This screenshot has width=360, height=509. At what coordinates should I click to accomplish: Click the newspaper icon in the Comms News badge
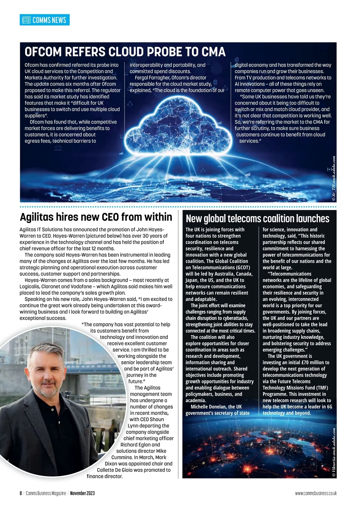coord(27,20)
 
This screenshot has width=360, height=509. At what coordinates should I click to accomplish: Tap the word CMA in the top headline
coord(213,52)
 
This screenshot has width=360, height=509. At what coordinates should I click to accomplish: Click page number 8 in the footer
coord(21,493)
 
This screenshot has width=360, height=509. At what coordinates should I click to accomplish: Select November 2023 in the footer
coord(82,493)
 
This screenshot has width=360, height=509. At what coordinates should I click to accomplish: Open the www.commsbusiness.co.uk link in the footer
coord(316,493)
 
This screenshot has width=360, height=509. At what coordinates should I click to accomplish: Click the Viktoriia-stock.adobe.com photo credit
coord(334,453)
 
